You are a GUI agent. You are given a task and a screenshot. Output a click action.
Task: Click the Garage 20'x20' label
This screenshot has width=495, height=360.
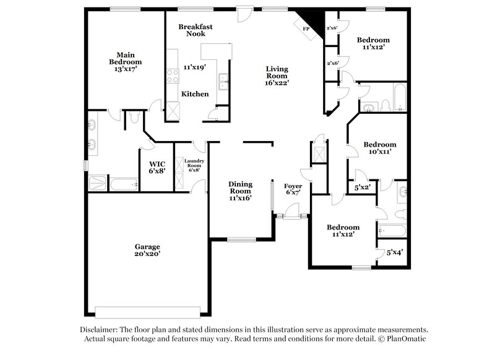click(x=147, y=250)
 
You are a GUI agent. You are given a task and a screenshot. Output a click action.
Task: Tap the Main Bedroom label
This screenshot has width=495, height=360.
click(x=125, y=62)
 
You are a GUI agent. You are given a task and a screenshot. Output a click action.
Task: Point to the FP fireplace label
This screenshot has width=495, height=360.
click(x=306, y=29)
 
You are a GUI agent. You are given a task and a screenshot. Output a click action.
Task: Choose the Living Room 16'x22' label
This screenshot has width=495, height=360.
click(x=277, y=75)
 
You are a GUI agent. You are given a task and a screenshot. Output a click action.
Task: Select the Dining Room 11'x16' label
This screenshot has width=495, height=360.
click(x=239, y=191)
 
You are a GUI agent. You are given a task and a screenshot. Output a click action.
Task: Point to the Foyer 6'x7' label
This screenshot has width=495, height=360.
click(x=293, y=189)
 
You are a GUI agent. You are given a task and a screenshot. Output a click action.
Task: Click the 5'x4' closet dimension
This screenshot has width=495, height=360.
click(x=395, y=252)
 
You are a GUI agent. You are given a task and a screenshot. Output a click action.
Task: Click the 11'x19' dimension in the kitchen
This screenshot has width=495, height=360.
click(x=194, y=67)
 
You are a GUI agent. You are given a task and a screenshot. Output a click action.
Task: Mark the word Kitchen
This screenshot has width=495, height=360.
click(x=194, y=94)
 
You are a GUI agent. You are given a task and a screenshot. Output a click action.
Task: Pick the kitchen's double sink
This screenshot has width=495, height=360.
click(x=223, y=78)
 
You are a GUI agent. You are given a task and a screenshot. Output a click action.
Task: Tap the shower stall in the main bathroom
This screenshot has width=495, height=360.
click(x=98, y=183)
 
